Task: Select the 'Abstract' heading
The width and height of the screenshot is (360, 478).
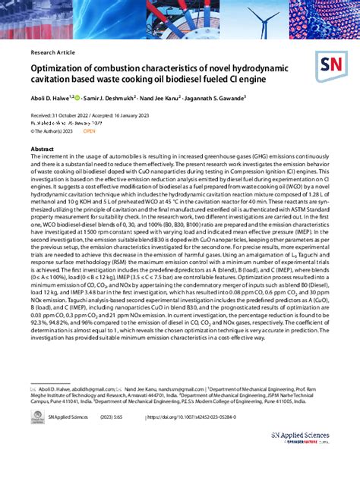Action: pos(42,149)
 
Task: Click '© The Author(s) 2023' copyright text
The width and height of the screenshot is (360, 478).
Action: pos(52,131)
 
